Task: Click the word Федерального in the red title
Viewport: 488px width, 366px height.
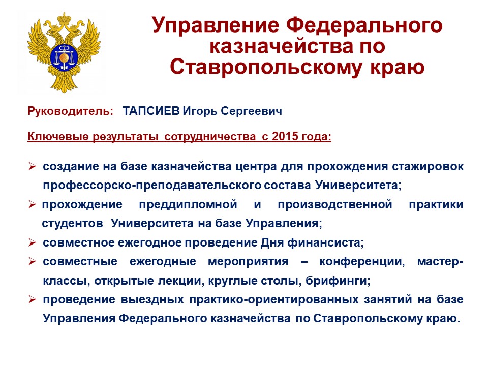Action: (364, 26)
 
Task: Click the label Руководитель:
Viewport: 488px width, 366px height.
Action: (71, 111)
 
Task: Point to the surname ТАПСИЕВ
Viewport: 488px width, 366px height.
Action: (151, 111)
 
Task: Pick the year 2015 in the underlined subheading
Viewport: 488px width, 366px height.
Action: (285, 136)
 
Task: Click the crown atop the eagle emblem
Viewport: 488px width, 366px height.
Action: (65, 18)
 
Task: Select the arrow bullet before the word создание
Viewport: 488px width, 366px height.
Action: (32, 166)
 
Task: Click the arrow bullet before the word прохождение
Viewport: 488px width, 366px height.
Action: (32, 204)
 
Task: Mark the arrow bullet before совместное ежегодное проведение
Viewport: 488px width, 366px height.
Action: (32, 242)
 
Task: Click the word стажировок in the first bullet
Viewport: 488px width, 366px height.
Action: (428, 167)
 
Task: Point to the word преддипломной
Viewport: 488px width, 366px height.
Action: (188, 205)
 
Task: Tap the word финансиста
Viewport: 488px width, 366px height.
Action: (325, 243)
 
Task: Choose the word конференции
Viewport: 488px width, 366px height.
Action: (362, 262)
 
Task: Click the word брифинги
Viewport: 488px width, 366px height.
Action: (338, 281)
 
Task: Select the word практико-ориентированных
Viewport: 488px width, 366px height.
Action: (274, 300)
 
